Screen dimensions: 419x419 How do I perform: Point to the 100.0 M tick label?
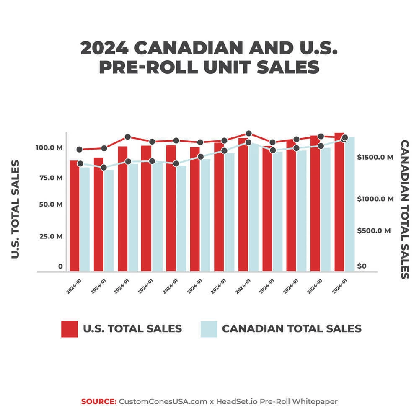tap(49, 148)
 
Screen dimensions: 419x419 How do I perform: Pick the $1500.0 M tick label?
tap(376, 158)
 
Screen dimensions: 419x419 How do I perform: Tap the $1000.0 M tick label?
tap(376, 199)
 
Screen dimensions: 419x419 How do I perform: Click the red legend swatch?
tap(70, 329)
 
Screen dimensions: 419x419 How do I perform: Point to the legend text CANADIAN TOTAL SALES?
tap(291, 328)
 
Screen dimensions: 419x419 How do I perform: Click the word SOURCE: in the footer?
tap(99, 401)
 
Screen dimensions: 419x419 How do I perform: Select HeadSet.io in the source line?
tap(237, 401)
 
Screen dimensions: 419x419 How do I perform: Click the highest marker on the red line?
tap(248, 134)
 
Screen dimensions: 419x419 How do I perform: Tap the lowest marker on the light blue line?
tap(104, 168)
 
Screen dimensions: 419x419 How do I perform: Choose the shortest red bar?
tap(74, 215)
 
